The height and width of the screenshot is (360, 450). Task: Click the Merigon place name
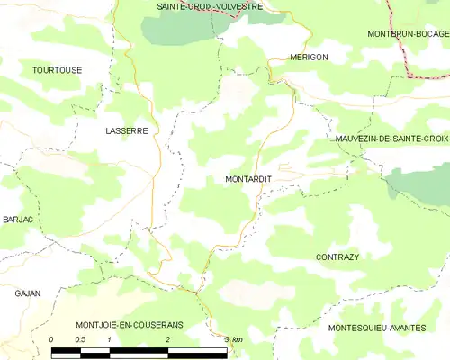309,57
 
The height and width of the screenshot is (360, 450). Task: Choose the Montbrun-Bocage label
408,33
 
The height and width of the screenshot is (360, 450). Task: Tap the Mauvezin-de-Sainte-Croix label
391,139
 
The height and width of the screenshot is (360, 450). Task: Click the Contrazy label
337,256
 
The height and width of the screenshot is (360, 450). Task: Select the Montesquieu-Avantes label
377,328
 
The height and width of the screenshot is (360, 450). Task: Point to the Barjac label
18,220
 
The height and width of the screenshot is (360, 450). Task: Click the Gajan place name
28,293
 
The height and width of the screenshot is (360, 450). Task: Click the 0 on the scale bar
51,338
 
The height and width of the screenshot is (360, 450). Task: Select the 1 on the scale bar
109,338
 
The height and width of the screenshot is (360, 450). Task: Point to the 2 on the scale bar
167,338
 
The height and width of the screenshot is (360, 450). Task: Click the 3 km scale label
232,338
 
